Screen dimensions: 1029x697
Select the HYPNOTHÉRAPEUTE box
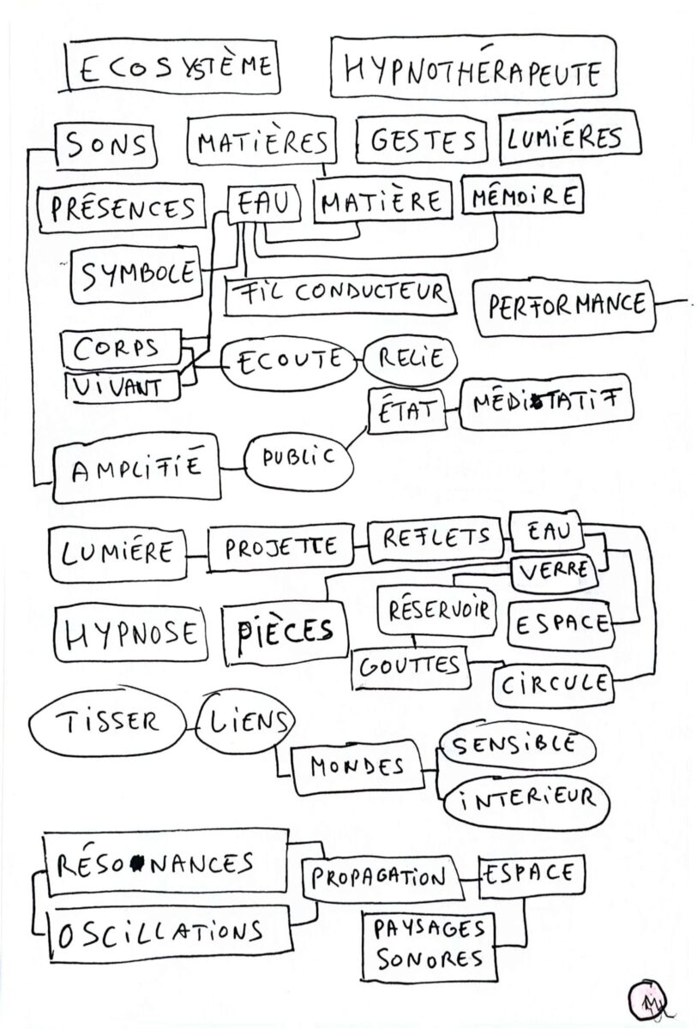pos(472,73)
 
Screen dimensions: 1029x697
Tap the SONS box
pos(106,146)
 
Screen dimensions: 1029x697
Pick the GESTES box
pos(422,140)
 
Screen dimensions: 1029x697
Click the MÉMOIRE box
pos(521,196)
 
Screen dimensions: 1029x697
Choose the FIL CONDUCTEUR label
pos(339,293)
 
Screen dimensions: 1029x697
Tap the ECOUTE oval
pos(289,360)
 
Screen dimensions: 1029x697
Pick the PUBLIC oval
pos(298,458)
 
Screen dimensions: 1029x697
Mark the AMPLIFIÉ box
pos(136,467)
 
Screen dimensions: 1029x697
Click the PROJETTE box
pos(280,547)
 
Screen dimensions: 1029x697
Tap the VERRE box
pos(551,570)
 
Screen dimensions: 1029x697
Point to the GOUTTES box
pos(410,666)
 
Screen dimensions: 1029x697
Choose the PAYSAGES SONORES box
pos(429,942)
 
